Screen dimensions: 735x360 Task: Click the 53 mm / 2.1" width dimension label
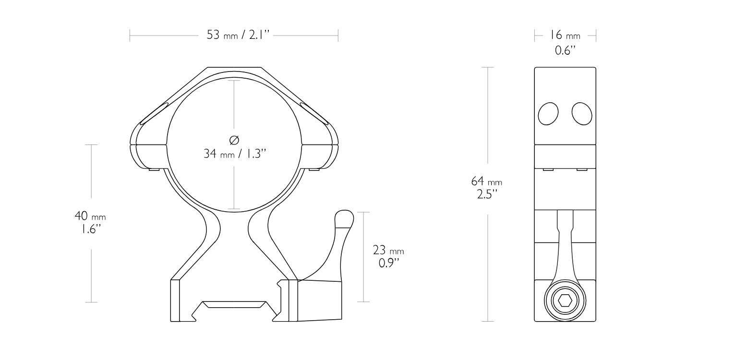(238, 35)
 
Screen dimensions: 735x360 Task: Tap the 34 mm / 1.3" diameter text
(235, 154)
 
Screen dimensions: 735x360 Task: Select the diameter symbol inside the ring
(234, 140)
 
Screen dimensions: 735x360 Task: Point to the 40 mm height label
(90, 216)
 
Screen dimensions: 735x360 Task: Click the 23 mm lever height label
(388, 251)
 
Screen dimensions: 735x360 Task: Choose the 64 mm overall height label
(487, 181)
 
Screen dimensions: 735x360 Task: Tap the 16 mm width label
(565, 35)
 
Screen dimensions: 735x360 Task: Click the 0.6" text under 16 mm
(565, 50)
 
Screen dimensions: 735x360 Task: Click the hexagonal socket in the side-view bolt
(565, 301)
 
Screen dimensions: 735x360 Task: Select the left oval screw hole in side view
(548, 114)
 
